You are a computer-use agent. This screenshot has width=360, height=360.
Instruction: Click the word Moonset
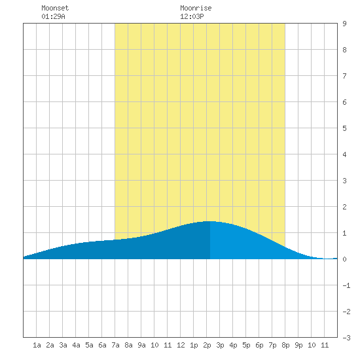point(55,8)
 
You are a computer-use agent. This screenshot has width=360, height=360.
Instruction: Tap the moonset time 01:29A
point(53,16)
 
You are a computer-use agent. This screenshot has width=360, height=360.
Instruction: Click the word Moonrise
point(196,8)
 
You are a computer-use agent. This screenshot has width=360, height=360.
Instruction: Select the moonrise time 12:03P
point(192,16)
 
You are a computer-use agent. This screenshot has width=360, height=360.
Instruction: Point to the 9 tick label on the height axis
point(344,24)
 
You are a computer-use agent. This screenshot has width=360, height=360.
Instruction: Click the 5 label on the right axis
point(344,128)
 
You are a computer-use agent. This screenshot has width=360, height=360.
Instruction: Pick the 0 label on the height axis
point(344,259)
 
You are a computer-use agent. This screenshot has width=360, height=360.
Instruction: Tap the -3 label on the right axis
point(346,338)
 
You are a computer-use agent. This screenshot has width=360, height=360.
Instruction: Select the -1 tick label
point(346,285)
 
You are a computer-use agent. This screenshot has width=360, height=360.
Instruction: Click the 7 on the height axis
point(344,76)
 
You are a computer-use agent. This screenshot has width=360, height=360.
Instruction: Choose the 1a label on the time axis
point(37,345)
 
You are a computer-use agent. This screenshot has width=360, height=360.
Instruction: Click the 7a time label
point(115,345)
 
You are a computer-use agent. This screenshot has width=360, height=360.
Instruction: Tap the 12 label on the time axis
point(181,345)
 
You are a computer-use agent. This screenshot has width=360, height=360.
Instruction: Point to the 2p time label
point(207,345)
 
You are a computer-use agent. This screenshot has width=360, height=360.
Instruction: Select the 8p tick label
point(285,345)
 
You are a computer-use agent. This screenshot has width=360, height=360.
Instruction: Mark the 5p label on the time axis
point(246,345)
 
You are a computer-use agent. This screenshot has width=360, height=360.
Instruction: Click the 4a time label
point(76,345)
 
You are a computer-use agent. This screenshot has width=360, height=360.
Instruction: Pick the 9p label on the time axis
point(298,345)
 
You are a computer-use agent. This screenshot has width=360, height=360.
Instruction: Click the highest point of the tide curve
point(210,221)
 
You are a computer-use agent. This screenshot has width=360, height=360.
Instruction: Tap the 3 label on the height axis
point(344,181)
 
